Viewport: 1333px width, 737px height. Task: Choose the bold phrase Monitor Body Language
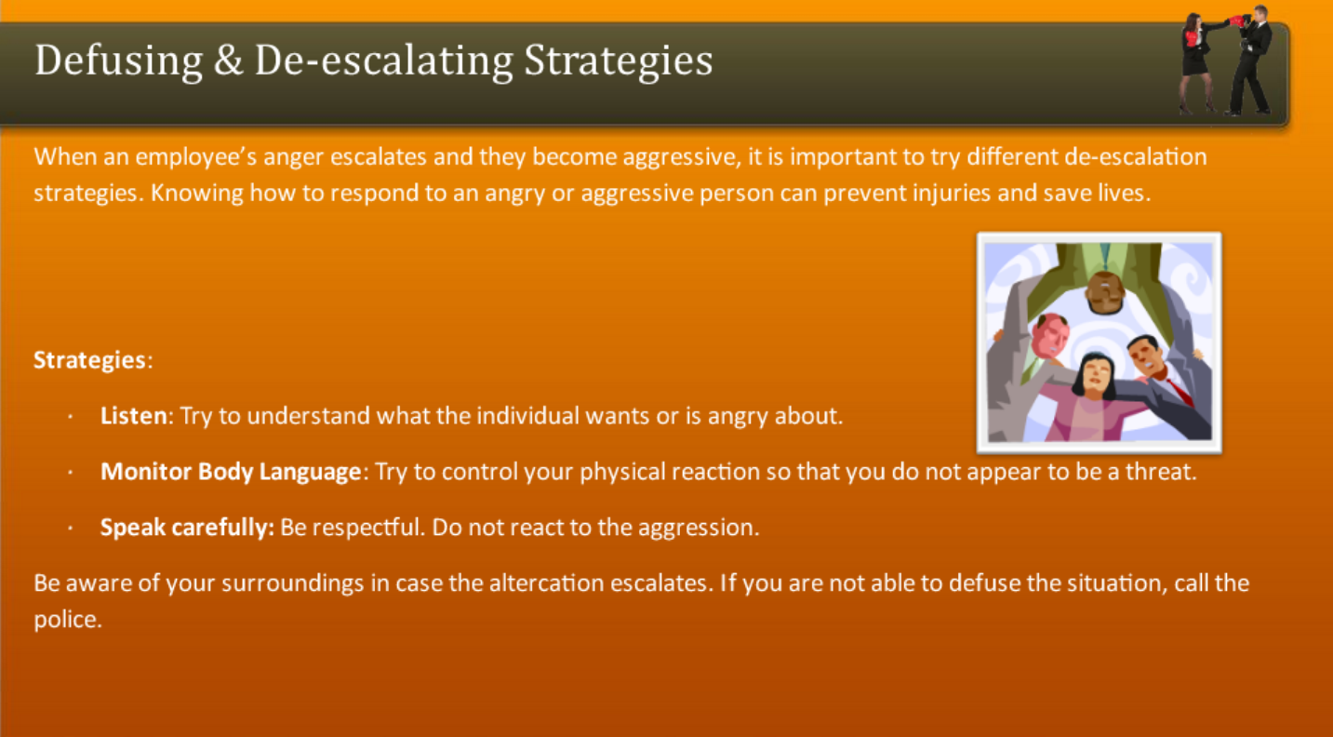point(230,472)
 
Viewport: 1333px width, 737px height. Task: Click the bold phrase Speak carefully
point(186,528)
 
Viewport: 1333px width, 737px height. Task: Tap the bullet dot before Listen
point(71,417)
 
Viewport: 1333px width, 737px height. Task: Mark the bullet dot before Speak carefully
point(71,529)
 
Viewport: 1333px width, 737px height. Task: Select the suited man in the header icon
point(1252,60)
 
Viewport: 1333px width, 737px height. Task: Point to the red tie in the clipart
point(1177,389)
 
